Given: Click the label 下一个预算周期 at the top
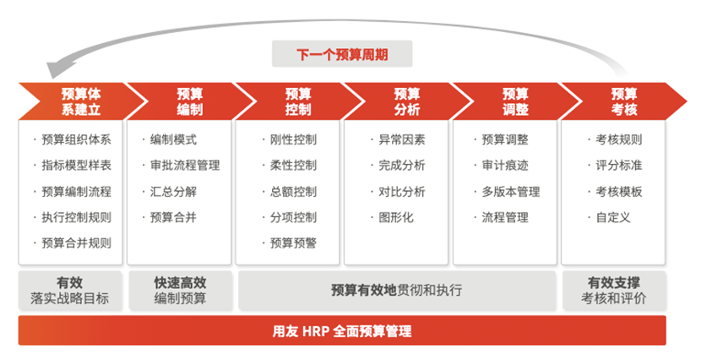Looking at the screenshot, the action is pos(342,54).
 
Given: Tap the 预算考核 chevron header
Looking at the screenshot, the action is pos(624,101).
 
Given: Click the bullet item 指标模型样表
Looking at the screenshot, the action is pos(76,166).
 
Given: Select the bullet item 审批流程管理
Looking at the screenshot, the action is pos(185,166).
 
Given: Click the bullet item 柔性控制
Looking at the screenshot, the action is pos(293,166).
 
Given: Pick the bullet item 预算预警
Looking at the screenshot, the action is pos(293,243).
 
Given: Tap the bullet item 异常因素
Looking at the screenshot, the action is pos(402,139).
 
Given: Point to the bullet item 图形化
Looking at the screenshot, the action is pos(396,217).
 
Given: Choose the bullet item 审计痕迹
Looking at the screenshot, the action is pos(505,166).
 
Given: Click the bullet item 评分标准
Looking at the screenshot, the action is pos(619,166).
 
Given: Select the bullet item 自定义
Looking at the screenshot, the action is pos(613,217).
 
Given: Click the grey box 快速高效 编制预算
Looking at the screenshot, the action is pos(180,290).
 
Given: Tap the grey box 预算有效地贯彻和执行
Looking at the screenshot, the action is pos(397,290).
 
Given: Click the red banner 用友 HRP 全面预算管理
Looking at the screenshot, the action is pos(342,331).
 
